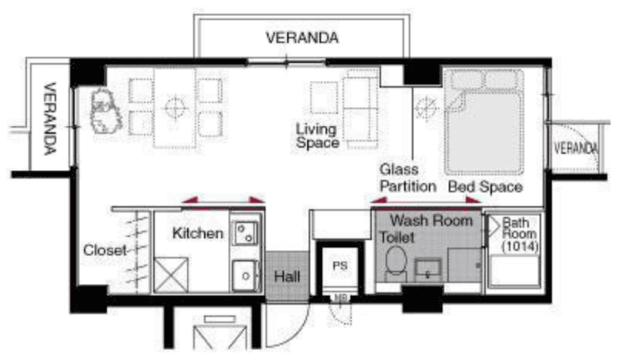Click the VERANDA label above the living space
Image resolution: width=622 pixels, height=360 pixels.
303,38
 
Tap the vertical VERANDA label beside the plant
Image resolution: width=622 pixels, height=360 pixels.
50,118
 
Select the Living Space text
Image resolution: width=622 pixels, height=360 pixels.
317,135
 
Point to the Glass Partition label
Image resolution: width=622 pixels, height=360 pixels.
408,178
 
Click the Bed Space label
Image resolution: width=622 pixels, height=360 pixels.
485,186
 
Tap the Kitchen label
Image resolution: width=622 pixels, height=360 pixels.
198,233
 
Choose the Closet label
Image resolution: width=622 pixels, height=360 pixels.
105,250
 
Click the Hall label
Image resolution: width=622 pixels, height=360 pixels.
287,276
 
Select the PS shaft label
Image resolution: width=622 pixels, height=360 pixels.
340,265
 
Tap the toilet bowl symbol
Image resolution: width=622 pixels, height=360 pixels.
396,262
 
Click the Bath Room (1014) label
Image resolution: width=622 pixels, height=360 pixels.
520,235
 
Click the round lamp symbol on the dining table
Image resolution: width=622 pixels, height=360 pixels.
175,108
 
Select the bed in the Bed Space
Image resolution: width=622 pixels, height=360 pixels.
484,122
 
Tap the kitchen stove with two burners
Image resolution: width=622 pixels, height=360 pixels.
245,233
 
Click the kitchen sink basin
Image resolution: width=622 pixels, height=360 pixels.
245,275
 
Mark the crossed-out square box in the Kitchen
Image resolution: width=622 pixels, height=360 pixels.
171,275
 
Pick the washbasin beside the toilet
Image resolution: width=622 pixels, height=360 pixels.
428,269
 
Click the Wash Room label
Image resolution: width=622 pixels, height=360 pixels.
431,221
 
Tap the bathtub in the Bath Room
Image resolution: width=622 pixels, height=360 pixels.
514,271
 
